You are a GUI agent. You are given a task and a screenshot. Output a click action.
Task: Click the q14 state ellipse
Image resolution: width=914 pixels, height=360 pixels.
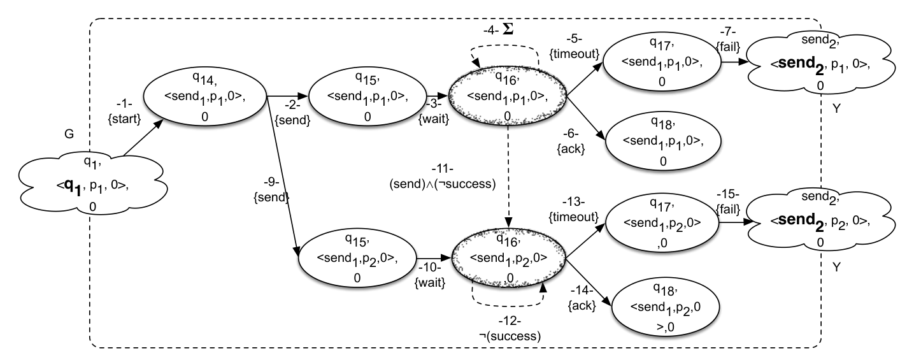point(204,97)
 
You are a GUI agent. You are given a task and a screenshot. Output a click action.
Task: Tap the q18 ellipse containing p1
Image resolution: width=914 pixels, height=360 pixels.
point(663,141)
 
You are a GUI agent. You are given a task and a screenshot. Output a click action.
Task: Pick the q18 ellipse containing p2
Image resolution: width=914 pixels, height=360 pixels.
point(666,307)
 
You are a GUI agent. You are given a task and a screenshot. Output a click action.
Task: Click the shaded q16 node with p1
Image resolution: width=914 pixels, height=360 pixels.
point(507,96)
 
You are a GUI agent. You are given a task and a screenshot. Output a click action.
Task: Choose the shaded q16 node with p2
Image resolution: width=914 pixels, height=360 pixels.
point(508,258)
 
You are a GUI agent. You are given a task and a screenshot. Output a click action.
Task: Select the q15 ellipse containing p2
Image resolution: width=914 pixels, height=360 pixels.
point(357,258)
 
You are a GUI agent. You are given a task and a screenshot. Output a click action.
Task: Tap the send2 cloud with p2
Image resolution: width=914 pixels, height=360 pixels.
point(820,220)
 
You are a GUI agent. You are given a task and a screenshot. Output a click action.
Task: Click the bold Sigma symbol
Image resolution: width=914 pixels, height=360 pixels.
point(508,29)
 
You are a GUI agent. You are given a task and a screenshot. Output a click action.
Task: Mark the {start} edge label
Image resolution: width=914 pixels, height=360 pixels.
point(124,119)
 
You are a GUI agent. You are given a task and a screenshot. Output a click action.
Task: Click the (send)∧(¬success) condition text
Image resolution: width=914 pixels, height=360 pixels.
point(443,184)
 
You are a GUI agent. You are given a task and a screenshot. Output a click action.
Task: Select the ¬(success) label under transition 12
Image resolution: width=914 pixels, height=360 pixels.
point(510,336)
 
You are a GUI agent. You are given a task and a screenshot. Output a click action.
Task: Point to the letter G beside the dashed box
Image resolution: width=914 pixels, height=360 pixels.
point(69,134)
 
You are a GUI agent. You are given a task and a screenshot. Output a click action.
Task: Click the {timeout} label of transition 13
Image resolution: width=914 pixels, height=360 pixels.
point(573,217)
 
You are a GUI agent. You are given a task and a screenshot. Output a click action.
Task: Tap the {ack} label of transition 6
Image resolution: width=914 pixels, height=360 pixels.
point(571,149)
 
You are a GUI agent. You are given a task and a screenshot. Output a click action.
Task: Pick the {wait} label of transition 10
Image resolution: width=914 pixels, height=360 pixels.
point(430,282)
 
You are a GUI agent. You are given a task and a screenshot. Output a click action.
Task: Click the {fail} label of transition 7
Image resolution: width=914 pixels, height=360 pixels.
point(728,47)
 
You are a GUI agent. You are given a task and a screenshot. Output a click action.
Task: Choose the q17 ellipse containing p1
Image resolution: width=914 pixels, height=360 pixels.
point(662,62)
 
